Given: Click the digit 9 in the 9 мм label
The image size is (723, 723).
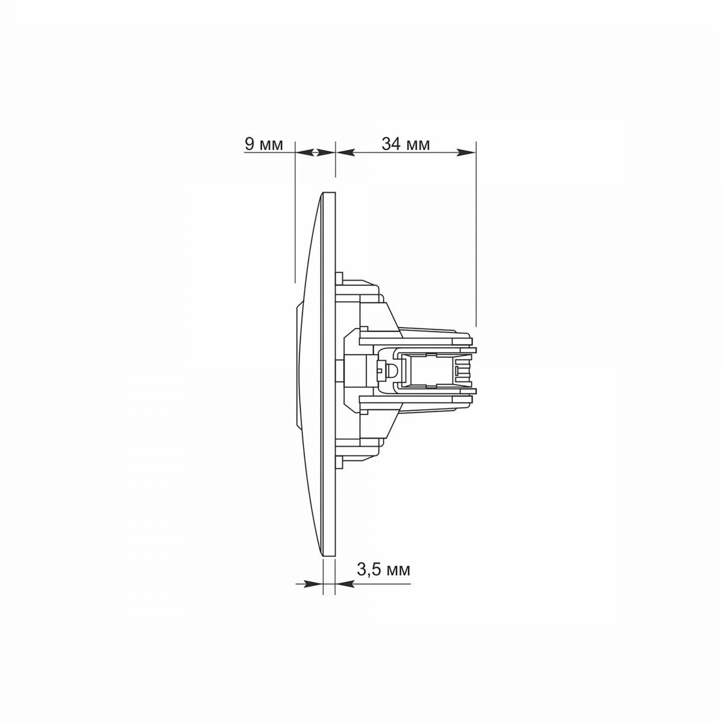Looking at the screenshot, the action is [x=249, y=144].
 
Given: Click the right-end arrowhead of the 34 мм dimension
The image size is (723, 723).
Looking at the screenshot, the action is [x=466, y=152].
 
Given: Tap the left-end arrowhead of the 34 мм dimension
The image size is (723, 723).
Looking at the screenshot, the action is [x=345, y=152].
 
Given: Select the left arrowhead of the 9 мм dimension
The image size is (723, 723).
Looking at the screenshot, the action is [x=305, y=152].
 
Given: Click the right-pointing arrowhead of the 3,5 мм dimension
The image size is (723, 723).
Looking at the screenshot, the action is [x=313, y=584].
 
